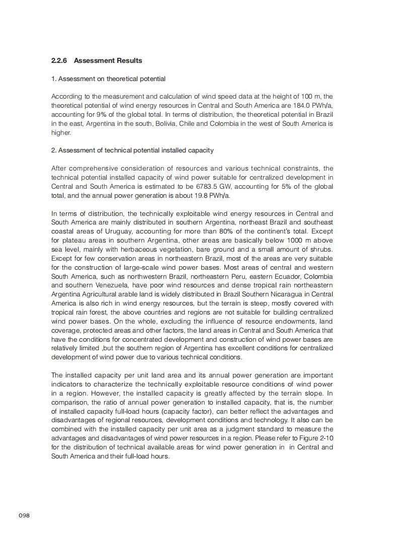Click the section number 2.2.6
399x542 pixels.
click(x=59, y=61)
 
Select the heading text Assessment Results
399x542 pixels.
click(x=108, y=61)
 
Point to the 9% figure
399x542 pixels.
click(x=97, y=114)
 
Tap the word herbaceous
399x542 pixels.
click(x=124, y=250)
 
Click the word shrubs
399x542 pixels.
click(x=322, y=250)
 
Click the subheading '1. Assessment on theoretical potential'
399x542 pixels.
click(x=108, y=79)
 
